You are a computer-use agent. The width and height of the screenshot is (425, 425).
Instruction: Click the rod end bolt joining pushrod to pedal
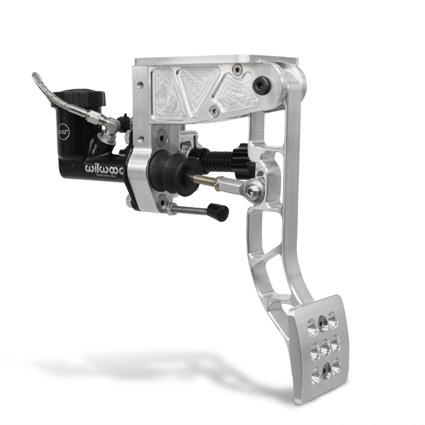[251, 191]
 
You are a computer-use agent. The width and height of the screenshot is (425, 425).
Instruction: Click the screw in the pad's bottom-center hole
[326, 370]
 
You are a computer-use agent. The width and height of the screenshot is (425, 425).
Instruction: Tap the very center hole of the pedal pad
[325, 347]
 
